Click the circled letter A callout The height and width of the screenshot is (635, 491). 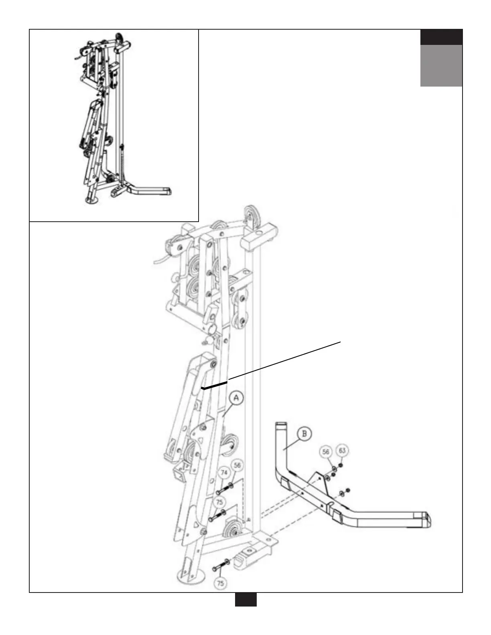pyautogui.click(x=236, y=398)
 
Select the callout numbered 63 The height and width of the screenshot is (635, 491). pyautogui.click(x=342, y=451)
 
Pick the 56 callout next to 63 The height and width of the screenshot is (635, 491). pyautogui.click(x=326, y=452)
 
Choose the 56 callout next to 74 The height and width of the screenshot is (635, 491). pyautogui.click(x=237, y=466)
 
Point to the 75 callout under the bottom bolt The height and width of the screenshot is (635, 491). pyautogui.click(x=220, y=583)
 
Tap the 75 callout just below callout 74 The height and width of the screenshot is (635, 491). pyautogui.click(x=219, y=502)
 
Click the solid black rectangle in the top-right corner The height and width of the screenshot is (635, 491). pyautogui.click(x=441, y=37)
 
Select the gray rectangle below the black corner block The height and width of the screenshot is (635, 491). pyautogui.click(x=441, y=65)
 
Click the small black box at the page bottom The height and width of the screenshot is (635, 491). pyautogui.click(x=245, y=600)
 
